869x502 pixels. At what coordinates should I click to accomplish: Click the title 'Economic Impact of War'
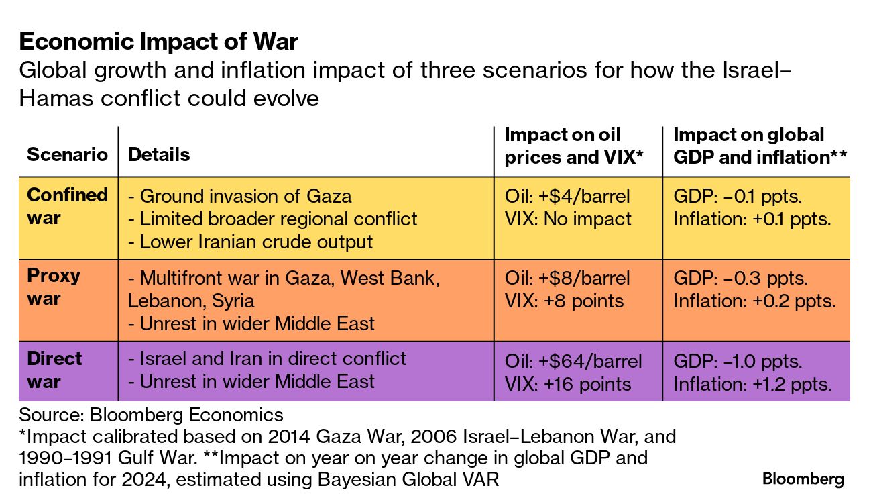pyautogui.click(x=159, y=41)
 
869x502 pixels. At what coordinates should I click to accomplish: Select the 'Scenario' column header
pyautogui.click(x=67, y=154)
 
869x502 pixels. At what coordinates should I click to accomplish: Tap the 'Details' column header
pyautogui.click(x=159, y=154)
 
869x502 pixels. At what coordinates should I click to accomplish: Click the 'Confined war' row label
pyautogui.click(x=67, y=206)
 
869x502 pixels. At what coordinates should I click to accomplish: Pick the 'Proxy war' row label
pyautogui.click(x=54, y=287)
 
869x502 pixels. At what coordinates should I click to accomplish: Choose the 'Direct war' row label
pyautogui.click(x=54, y=370)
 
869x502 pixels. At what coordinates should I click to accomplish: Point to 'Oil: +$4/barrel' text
pyautogui.click(x=567, y=196)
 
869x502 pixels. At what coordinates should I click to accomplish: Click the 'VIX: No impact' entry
pyautogui.click(x=568, y=219)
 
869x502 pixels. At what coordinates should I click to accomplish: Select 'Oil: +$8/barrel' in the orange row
pyautogui.click(x=567, y=279)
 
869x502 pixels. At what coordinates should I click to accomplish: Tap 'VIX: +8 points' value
pyautogui.click(x=564, y=301)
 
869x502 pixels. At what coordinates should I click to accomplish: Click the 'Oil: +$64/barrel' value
pyautogui.click(x=573, y=362)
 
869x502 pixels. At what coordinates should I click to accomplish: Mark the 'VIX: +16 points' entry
pyautogui.click(x=568, y=384)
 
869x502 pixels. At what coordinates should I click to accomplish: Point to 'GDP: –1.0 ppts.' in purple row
pyautogui.click(x=738, y=362)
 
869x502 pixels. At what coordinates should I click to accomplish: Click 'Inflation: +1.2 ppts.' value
pyautogui.click(x=752, y=384)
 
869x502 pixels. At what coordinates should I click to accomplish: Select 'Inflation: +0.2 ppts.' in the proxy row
pyautogui.click(x=754, y=301)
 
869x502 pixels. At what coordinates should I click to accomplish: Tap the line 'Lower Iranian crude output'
pyautogui.click(x=250, y=242)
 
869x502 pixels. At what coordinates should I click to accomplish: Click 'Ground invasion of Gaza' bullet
pyautogui.click(x=240, y=196)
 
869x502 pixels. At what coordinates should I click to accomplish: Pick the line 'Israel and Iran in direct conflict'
pyautogui.click(x=267, y=358)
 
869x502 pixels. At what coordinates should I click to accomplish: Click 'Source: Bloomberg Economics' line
pyautogui.click(x=151, y=415)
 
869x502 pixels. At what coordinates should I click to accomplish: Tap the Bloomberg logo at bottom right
pyautogui.click(x=803, y=479)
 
